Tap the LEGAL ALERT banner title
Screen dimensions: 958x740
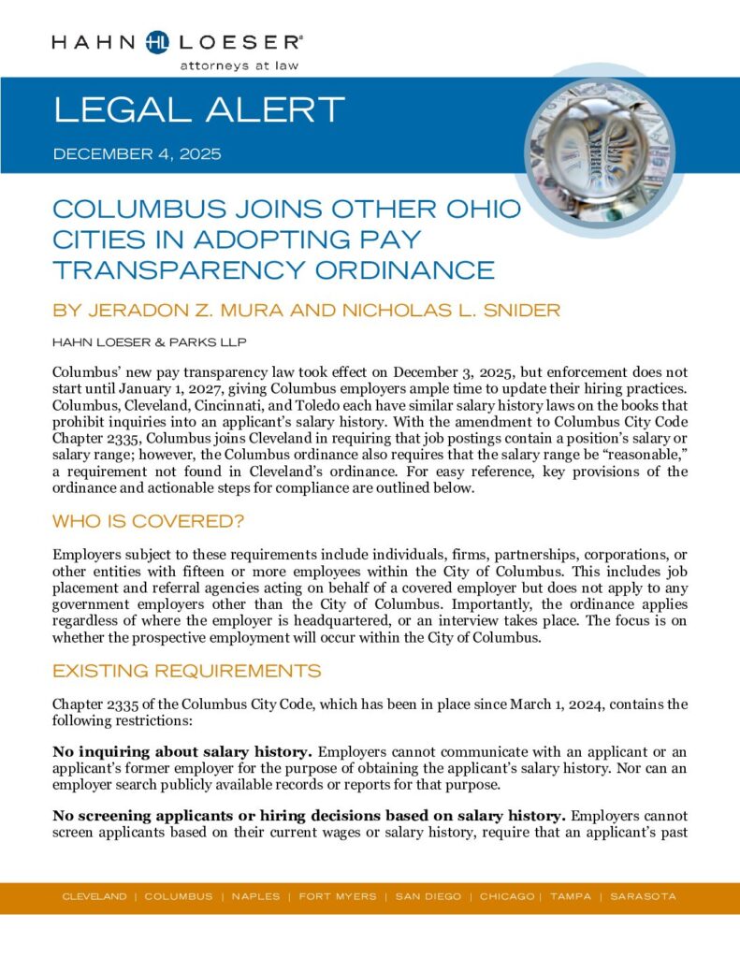pyautogui.click(x=199, y=110)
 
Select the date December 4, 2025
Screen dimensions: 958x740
pyautogui.click(x=137, y=153)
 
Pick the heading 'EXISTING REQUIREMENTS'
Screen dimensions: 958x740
pyautogui.click(x=186, y=671)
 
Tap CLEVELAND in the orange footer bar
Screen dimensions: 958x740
pyautogui.click(x=94, y=896)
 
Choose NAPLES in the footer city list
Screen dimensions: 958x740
pyautogui.click(x=255, y=896)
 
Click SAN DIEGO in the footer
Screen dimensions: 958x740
pyautogui.click(x=428, y=896)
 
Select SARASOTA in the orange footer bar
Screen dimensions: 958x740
pyautogui.click(x=643, y=896)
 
